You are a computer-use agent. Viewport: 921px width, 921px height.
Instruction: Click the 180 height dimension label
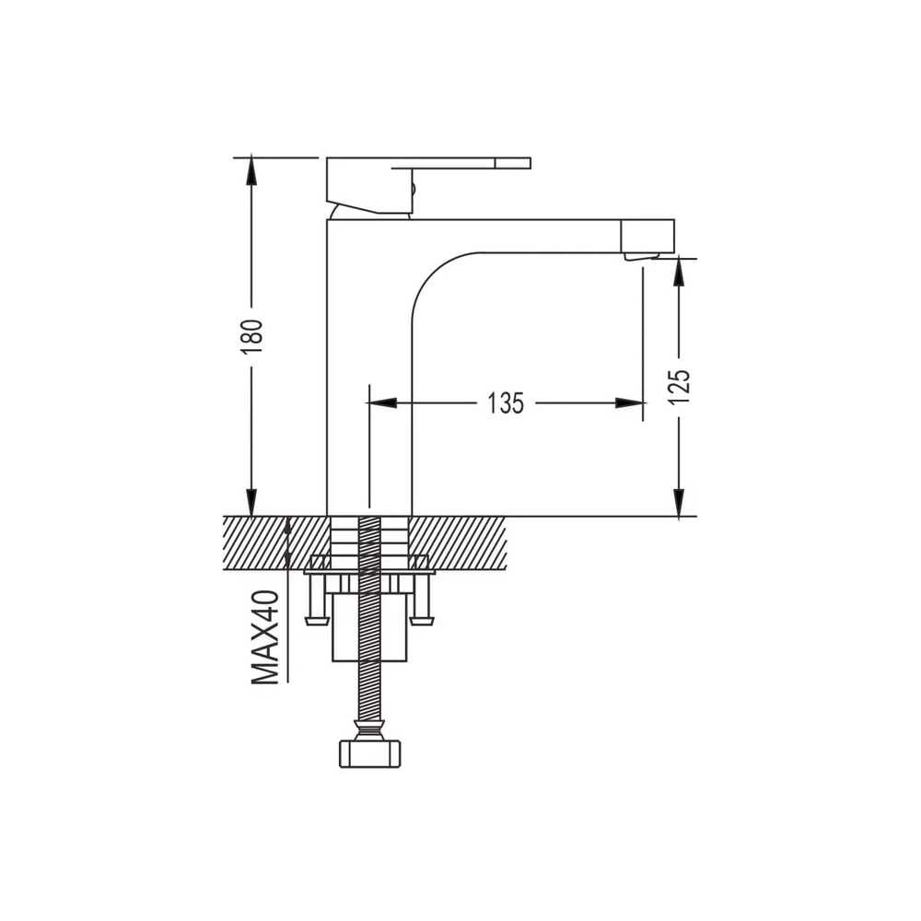[251, 336]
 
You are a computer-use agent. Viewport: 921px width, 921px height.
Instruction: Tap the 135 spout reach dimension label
[505, 403]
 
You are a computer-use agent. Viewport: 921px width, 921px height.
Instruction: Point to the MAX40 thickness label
[265, 637]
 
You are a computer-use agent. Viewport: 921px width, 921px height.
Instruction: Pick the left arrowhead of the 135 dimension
[382, 403]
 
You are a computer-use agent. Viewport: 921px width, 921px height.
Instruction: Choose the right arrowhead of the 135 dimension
[629, 403]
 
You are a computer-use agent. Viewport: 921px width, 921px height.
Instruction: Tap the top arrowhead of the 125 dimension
[679, 273]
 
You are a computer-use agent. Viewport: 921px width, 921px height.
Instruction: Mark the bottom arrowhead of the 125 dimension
[679, 503]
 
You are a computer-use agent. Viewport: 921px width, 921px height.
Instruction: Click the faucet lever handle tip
[513, 163]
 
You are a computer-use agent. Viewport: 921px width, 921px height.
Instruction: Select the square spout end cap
[647, 236]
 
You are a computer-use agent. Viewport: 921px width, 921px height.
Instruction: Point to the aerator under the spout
[641, 257]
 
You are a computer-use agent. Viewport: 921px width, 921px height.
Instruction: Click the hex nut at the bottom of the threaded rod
[371, 753]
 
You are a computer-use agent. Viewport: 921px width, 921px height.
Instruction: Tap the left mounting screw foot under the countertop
[316, 620]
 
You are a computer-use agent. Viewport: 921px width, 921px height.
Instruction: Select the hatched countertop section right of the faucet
[458, 542]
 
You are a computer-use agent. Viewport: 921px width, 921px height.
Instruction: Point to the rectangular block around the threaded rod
[370, 626]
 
